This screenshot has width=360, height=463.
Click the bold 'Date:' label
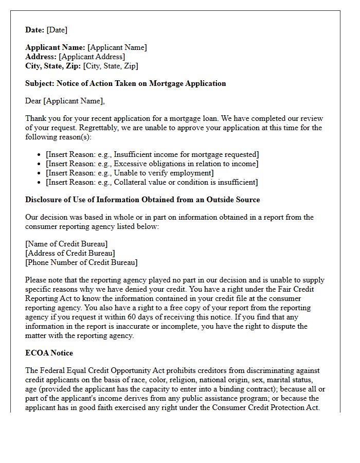pos(34,30)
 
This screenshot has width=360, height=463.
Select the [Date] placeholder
pos(57,30)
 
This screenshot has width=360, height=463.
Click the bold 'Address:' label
pos(41,57)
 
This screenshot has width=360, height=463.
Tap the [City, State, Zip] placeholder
pos(110,66)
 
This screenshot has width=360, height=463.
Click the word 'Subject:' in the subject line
pos(40,83)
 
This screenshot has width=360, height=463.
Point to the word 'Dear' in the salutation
pos(33,101)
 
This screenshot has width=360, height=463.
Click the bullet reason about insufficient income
pos(152,154)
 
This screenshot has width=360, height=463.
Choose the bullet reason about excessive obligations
pos(152,164)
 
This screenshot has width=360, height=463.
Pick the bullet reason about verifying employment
pos(130,173)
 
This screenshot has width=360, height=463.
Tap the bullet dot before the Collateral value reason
pos(40,183)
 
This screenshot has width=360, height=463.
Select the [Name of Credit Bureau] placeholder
pos(66,244)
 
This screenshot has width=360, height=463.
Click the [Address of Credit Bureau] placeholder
pos(70,253)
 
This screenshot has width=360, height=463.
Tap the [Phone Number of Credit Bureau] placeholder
pos(81,262)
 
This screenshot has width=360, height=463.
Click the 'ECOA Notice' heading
pos(49,353)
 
